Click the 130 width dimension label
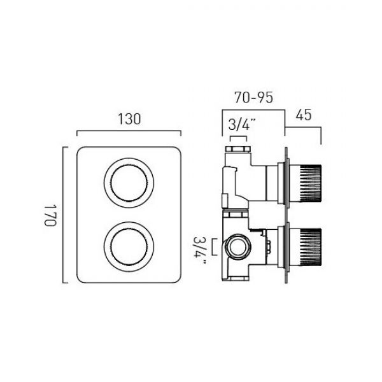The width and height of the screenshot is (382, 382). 129,120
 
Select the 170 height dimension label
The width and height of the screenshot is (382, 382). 50,215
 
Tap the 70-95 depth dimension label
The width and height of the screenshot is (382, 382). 253,97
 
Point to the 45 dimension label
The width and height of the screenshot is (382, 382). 304,115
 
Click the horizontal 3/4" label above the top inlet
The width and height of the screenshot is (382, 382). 239,125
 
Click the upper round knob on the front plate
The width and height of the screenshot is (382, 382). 129,183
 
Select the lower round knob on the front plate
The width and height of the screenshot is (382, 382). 129,246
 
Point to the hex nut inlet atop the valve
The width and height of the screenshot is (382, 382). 238,149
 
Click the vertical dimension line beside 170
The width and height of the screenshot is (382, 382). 63,215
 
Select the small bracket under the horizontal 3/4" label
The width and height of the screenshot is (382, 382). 239,138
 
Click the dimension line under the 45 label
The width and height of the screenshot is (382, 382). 303,127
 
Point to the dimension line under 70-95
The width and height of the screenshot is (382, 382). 253,110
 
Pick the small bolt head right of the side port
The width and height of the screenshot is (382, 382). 269,247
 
